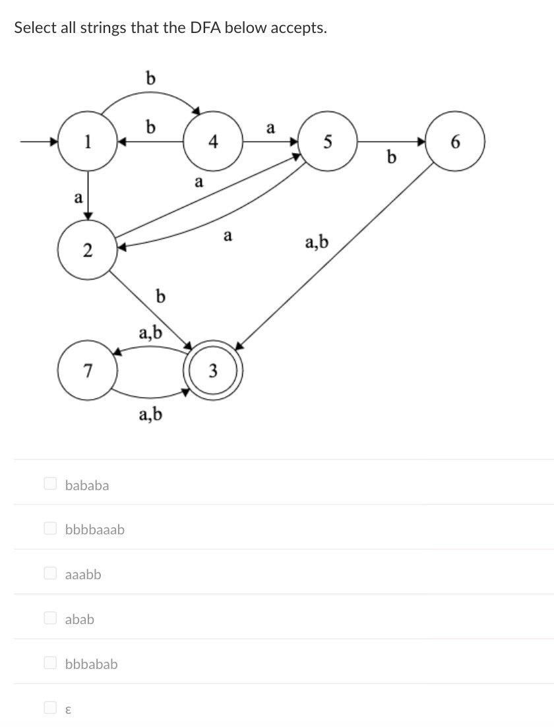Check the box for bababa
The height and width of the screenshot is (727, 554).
coord(49,484)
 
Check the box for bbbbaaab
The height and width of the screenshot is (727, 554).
coord(49,528)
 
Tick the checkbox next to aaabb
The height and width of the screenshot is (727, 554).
coord(49,573)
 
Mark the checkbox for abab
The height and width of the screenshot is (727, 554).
coord(49,618)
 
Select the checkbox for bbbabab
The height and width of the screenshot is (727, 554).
coord(49,663)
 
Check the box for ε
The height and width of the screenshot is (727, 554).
coord(49,708)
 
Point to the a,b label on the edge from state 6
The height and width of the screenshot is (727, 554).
coord(317,245)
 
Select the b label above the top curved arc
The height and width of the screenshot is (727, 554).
coord(150,79)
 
